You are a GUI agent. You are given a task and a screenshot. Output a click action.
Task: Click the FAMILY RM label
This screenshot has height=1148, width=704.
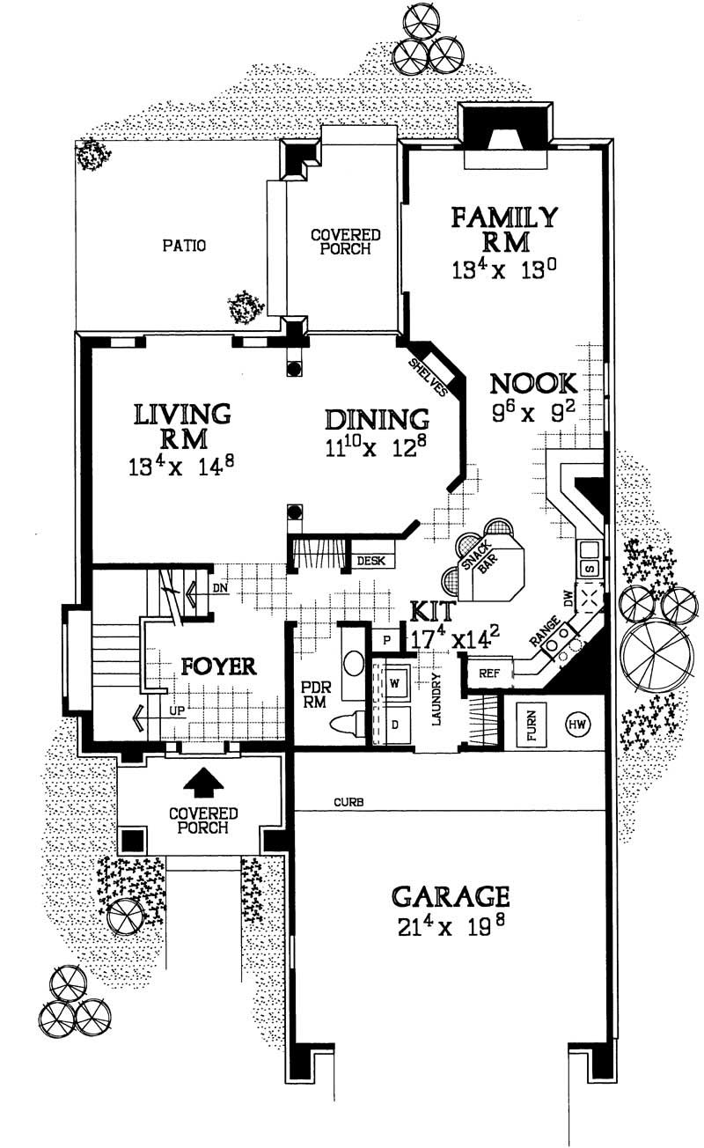coord(503,228)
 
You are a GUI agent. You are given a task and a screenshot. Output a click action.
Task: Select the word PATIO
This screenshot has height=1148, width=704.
coord(184,247)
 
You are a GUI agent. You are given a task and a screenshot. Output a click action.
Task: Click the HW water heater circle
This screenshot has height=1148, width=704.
coord(578,724)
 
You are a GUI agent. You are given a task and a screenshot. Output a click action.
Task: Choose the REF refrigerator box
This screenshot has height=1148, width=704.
coord(489,673)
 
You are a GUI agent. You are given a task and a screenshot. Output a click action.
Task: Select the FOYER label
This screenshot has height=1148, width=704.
coord(218,666)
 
